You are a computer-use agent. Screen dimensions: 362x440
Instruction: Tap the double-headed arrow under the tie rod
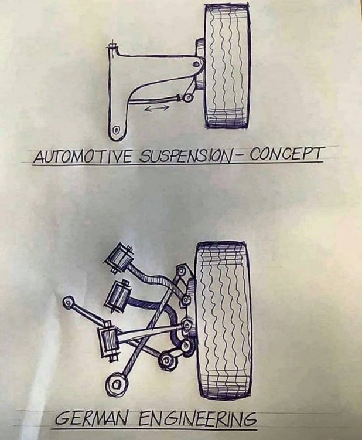(x=156, y=109)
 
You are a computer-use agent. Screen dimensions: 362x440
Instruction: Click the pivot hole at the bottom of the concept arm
(x=117, y=130)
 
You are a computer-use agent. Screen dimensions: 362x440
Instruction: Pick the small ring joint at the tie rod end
(x=188, y=97)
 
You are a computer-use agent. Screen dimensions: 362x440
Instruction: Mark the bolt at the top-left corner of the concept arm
(x=112, y=45)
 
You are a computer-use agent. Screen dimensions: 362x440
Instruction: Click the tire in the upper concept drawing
(x=226, y=66)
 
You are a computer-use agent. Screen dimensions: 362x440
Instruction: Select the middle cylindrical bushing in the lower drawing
(x=117, y=296)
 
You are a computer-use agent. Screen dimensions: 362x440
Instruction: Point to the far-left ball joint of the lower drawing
(x=69, y=303)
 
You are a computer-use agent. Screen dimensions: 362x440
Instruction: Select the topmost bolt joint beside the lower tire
(x=182, y=272)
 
